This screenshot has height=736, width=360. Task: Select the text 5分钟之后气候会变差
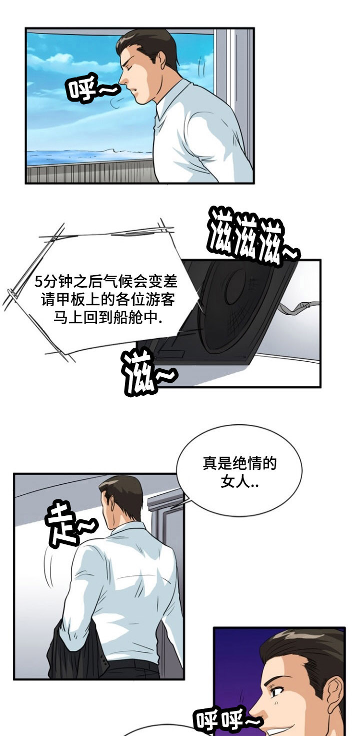click(106, 282)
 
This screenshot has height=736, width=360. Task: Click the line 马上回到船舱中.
click(106, 319)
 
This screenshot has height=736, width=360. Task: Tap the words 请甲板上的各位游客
click(106, 300)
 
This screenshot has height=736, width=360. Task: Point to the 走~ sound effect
click(68, 526)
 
